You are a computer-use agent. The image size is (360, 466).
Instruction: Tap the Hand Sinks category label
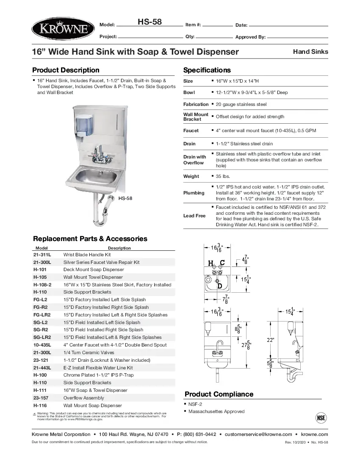pyautogui.click(x=310, y=52)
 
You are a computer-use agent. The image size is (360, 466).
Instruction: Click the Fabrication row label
pyautogui.click(x=196, y=104)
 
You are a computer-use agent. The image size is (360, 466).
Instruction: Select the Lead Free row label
pyautogui.click(x=194, y=216)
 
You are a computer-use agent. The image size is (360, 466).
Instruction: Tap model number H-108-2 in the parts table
pyautogui.click(x=42, y=285)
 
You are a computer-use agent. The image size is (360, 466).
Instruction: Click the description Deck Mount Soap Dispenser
pyautogui.click(x=94, y=269)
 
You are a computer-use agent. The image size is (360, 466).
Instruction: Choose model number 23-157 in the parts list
pyautogui.click(x=42, y=398)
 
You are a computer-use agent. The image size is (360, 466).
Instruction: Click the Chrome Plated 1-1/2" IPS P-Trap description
pyautogui.click(x=98, y=375)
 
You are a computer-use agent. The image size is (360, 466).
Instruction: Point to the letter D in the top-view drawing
pyautogui.click(x=220, y=286)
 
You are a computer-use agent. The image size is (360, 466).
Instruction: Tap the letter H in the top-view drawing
pyautogui.click(x=210, y=263)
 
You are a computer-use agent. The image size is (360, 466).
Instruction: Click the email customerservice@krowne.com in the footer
pyautogui.click(x=258, y=434)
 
